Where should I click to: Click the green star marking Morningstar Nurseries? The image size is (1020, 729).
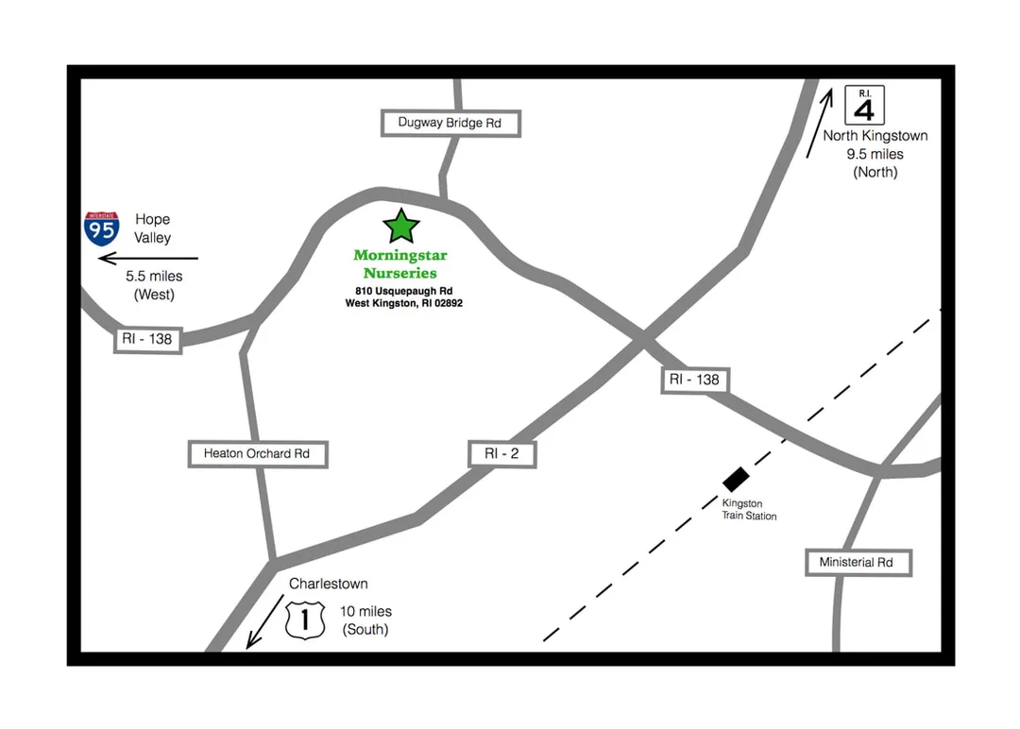pyautogui.click(x=401, y=227)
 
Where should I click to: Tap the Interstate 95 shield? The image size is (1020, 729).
pyautogui.click(x=101, y=229)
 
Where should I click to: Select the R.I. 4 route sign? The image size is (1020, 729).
pyautogui.click(x=864, y=105)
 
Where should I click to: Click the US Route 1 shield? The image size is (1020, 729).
pyautogui.click(x=305, y=619)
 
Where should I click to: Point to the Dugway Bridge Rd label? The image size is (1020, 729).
pyautogui.click(x=450, y=123)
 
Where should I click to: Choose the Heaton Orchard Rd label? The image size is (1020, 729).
pyautogui.click(x=258, y=454)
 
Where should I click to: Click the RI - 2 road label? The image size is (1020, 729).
pyautogui.click(x=502, y=454)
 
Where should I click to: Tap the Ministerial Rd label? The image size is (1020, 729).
pyautogui.click(x=858, y=563)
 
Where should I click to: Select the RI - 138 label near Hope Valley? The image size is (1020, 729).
pyautogui.click(x=147, y=339)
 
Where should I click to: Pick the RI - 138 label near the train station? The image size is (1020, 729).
pyautogui.click(x=695, y=380)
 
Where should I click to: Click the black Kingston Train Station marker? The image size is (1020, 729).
pyautogui.click(x=736, y=480)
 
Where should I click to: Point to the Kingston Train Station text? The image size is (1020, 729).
pyautogui.click(x=749, y=510)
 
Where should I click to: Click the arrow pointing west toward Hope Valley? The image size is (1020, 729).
pyautogui.click(x=148, y=258)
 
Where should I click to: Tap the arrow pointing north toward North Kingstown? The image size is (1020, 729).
pyautogui.click(x=820, y=123)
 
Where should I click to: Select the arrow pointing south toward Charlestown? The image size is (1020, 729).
pyautogui.click(x=264, y=621)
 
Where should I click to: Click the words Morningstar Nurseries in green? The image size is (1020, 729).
pyautogui.click(x=400, y=264)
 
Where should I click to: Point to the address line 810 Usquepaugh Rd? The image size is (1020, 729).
pyautogui.click(x=404, y=291)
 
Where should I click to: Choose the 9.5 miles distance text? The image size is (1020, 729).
pyautogui.click(x=875, y=154)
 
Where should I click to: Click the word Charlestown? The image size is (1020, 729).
pyautogui.click(x=329, y=584)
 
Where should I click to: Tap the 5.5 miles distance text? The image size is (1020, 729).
pyautogui.click(x=154, y=277)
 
